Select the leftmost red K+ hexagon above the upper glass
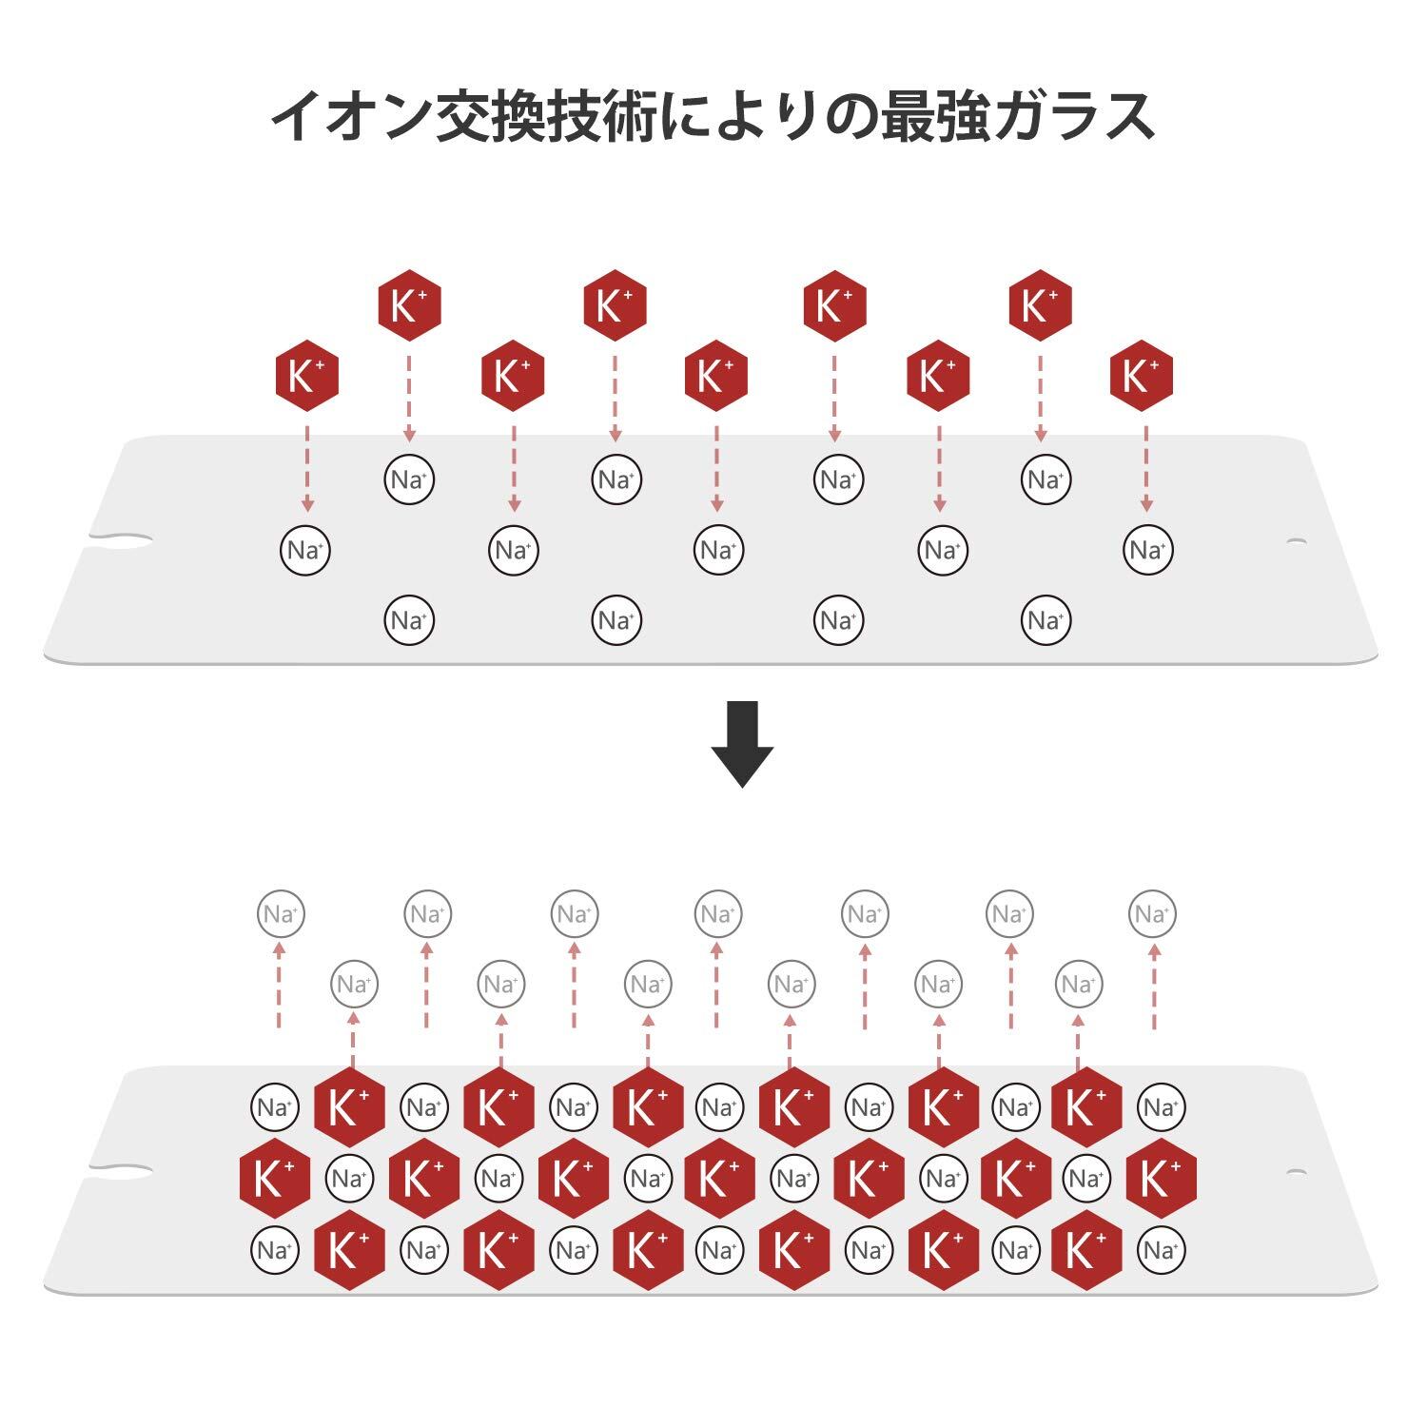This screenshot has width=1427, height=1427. [306, 376]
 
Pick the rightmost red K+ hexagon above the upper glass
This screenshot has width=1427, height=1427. [1141, 376]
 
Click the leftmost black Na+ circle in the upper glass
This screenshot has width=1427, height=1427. [305, 550]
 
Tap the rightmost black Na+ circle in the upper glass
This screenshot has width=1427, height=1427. [1147, 550]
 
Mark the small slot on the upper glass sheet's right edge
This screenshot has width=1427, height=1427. [1296, 541]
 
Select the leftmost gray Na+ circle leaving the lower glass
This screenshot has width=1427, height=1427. [281, 914]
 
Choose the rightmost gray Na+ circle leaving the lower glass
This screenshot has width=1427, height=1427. [1152, 914]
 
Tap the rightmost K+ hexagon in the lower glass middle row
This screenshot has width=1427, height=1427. [1161, 1179]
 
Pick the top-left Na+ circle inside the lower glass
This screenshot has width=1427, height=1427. [275, 1107]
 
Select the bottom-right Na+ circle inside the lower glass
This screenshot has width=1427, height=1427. [1161, 1249]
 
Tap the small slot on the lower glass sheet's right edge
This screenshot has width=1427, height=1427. [1296, 1171]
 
